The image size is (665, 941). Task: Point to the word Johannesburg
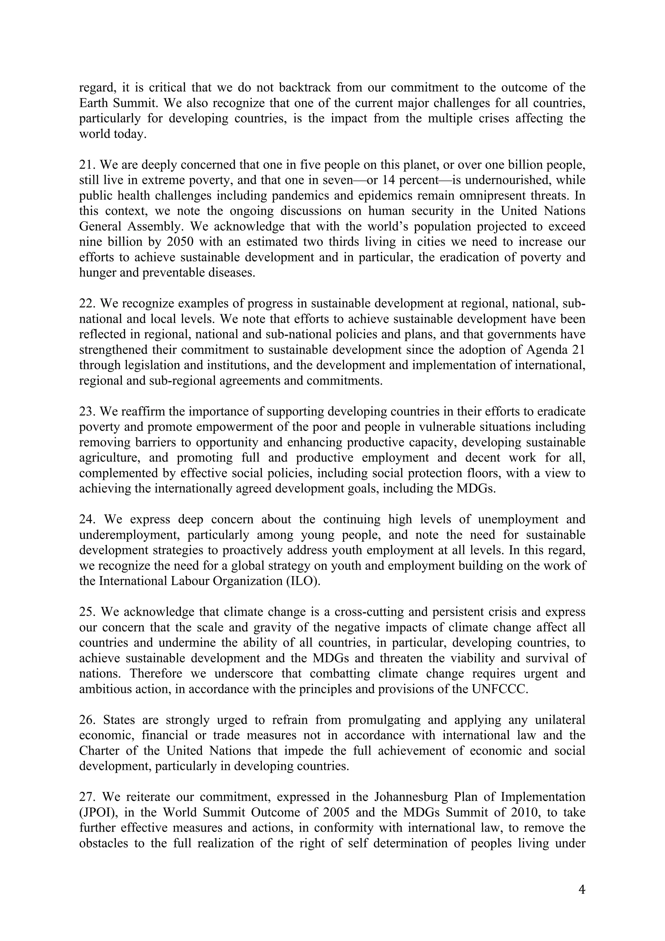pyautogui.click(x=410, y=797)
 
